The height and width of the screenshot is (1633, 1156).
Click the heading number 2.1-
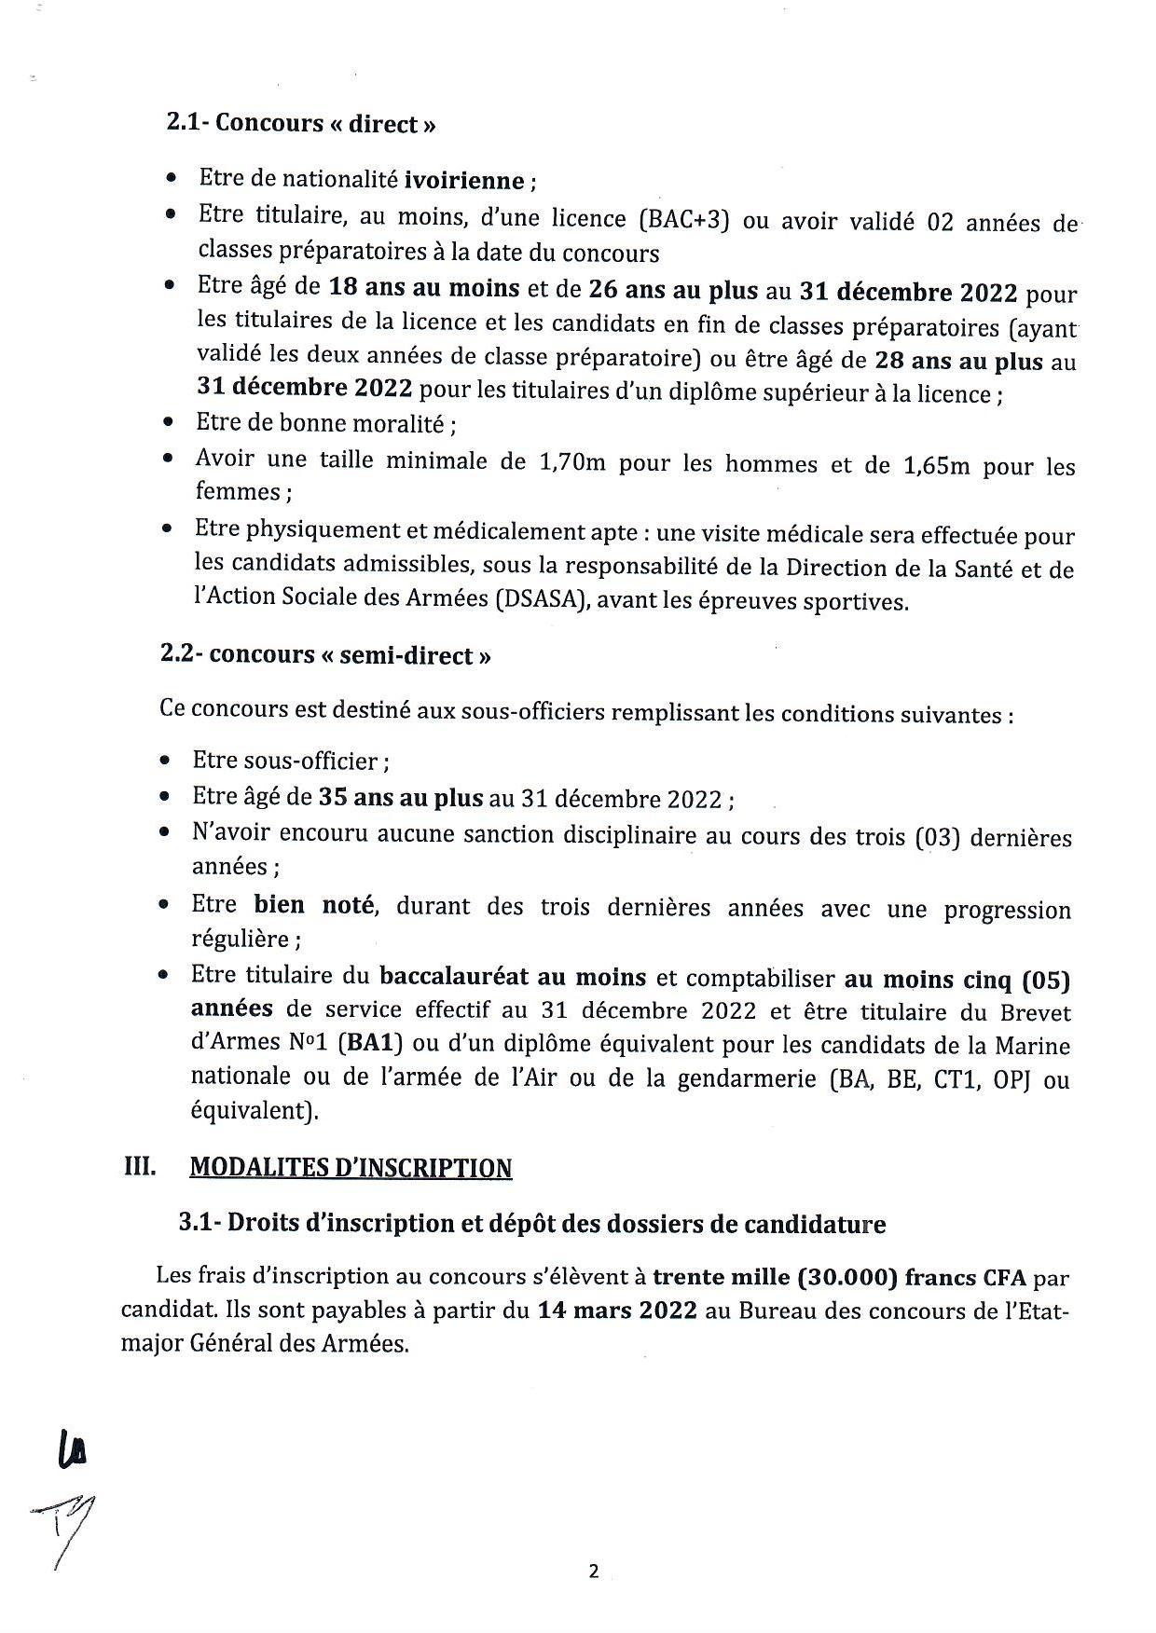pyautogui.click(x=187, y=123)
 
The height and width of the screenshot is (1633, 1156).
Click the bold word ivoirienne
pyautogui.click(x=463, y=180)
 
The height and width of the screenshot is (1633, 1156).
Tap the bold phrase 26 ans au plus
pyautogui.click(x=672, y=290)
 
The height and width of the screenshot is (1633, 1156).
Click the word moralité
pyautogui.click(x=401, y=424)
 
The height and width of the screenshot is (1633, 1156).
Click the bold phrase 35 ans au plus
pyautogui.click(x=401, y=798)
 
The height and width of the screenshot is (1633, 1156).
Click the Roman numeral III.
pyautogui.click(x=140, y=1167)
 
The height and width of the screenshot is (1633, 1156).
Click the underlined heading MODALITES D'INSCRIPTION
pyautogui.click(x=351, y=1168)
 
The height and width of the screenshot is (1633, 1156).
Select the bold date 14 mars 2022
pyautogui.click(x=617, y=1311)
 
